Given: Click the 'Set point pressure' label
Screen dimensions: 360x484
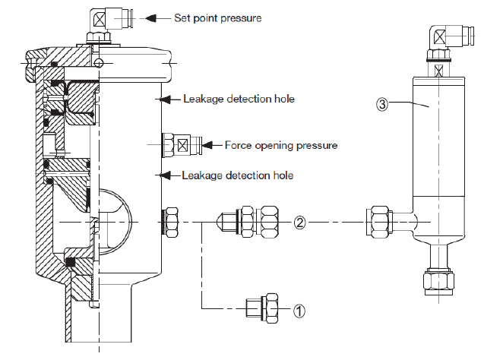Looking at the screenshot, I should click(217, 16).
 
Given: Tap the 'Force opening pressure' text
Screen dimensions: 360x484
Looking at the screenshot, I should click(280, 144).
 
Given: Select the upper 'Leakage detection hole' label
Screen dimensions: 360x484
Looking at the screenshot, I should click(238, 99).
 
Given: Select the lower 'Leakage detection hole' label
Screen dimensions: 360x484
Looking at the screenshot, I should click(238, 175).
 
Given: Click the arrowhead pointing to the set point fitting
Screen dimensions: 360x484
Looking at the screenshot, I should click(150, 16).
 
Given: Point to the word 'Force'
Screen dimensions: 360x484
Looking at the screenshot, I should click(238, 144).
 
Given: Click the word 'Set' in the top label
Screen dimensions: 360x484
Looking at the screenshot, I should click(182, 16).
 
